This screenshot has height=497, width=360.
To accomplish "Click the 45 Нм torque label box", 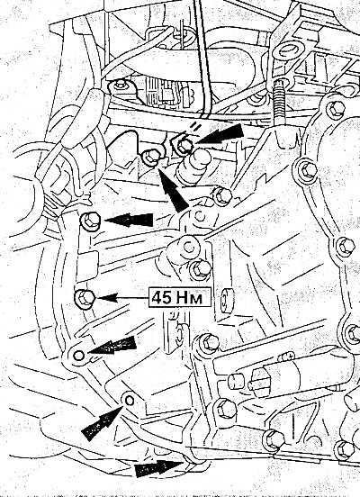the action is (180, 297).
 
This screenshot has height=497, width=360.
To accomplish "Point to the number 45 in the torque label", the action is (162, 298).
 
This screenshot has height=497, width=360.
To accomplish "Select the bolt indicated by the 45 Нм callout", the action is (85, 298).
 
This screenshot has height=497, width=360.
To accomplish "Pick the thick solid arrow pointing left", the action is (129, 220).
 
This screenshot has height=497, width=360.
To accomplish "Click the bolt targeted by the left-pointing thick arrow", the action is (90, 220).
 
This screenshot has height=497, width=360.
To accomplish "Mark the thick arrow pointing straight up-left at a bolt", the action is (173, 190).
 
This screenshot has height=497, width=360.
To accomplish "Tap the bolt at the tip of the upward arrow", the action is (151, 158).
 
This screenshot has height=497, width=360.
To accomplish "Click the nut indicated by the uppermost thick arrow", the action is (184, 146).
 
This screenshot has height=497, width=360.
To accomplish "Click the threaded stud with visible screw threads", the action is (279, 102).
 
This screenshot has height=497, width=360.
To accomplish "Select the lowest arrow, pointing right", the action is (159, 468).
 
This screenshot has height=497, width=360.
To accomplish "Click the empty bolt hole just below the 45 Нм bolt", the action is (79, 356).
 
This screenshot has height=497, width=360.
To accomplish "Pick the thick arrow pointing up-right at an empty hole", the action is (102, 423).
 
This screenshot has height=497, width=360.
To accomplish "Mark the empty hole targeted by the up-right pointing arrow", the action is (130, 401).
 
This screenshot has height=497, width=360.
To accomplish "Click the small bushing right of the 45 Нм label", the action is (226, 300).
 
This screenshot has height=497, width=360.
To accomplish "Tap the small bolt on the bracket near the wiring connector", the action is (121, 85).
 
